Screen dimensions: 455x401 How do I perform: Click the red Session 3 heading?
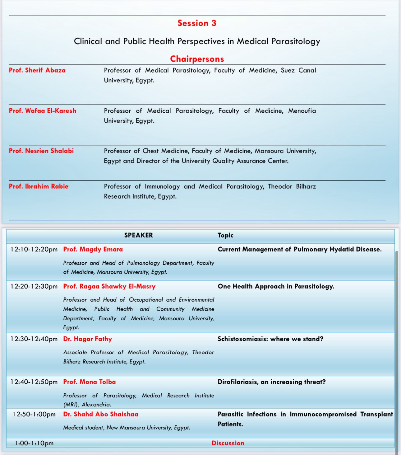point(197,23)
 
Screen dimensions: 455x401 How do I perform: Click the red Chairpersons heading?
point(197,59)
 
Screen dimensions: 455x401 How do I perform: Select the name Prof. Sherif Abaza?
point(37,70)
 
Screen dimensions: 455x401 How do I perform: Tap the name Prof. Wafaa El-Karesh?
point(43,111)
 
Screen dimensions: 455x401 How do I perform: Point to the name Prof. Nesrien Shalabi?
point(41,151)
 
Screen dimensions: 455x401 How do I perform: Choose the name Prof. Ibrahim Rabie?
point(39,186)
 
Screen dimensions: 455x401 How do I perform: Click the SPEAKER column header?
point(138,235)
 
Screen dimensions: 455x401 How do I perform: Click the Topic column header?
point(225,235)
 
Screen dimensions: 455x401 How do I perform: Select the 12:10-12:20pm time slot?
point(34,249)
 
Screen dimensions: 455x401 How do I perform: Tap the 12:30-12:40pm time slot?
point(34,339)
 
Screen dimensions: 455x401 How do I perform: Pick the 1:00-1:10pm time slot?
point(34,443)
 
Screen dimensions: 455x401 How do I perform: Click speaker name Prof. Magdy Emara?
point(93,249)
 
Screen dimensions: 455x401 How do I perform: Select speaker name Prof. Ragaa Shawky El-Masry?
point(109,286)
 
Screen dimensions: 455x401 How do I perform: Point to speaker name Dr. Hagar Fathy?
point(87,339)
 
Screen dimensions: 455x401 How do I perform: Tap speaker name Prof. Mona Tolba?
point(90,382)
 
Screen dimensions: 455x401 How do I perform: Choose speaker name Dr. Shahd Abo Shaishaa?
point(101,414)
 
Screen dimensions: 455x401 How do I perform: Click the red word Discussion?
point(228,443)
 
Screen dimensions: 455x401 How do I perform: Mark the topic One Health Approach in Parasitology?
point(276,286)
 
